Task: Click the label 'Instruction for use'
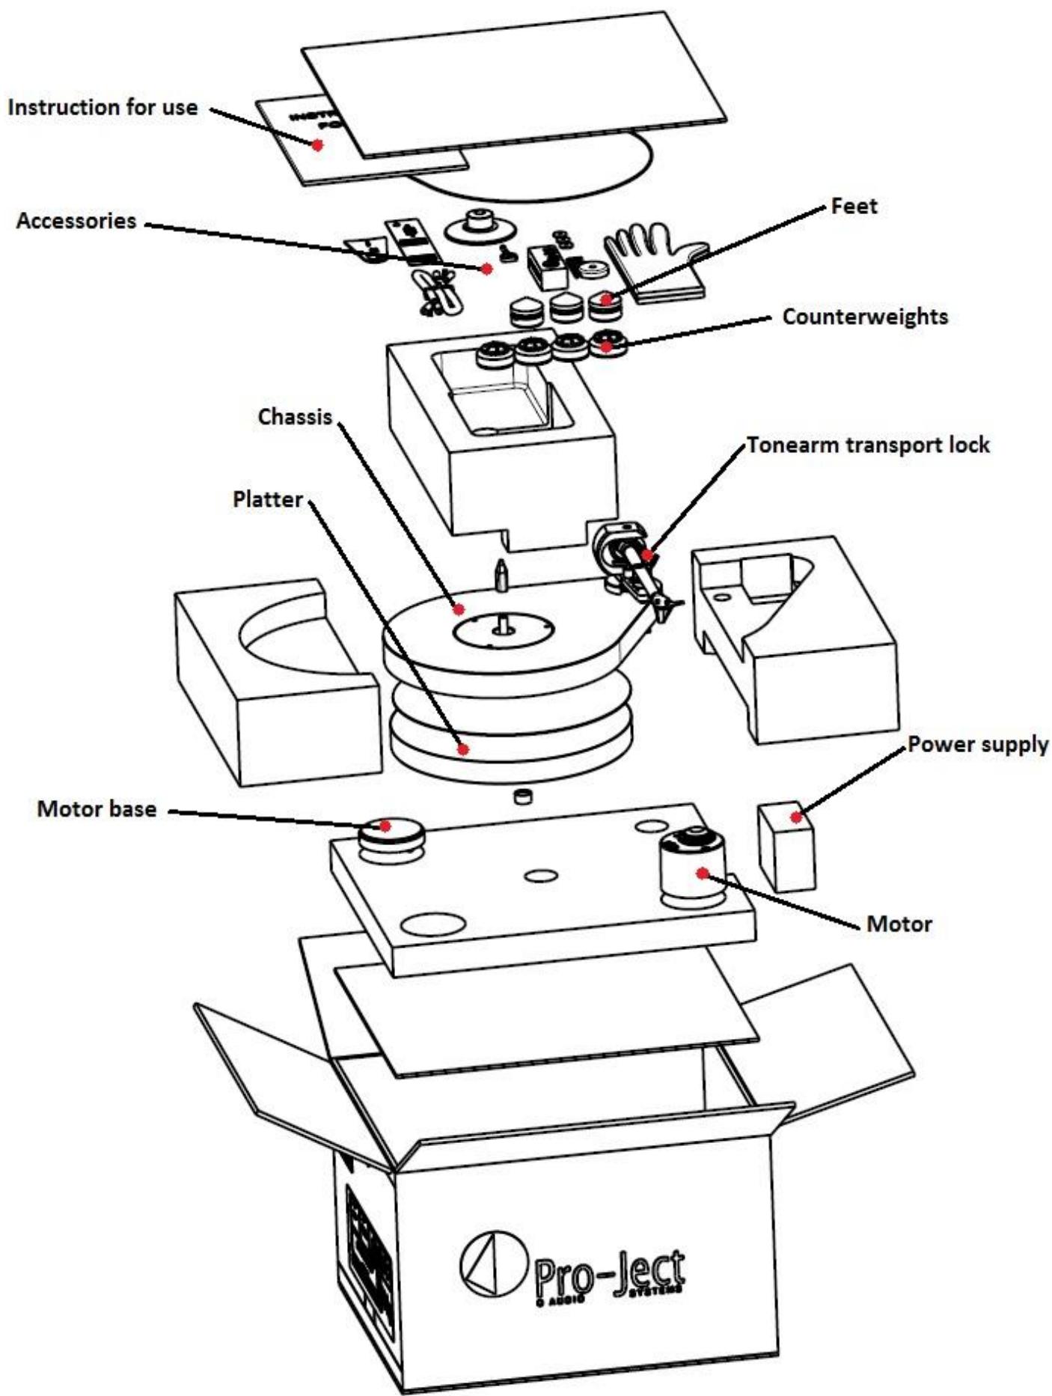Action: pos(103,107)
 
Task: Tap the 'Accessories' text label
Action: pos(76,221)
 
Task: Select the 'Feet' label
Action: pos(854,206)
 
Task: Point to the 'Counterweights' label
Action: pos(865,317)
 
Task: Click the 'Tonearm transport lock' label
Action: pos(868,445)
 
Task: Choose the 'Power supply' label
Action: pos(978,744)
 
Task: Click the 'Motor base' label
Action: pos(97,809)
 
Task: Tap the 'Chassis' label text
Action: pos(295,417)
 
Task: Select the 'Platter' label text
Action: pos(267,499)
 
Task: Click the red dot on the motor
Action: pos(701,873)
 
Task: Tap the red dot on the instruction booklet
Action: pos(317,145)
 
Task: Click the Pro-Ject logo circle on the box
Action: pos(489,1265)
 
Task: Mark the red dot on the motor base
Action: pos(385,826)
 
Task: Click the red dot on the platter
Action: pos(464,748)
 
